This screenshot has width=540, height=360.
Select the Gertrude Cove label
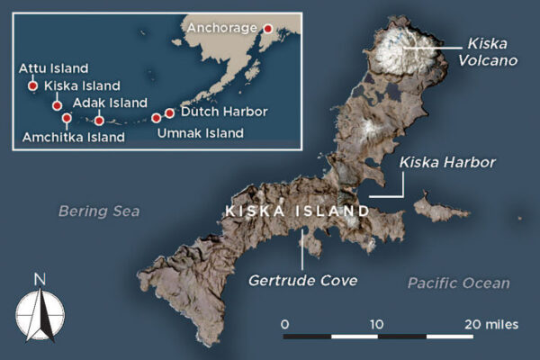(x=303, y=281)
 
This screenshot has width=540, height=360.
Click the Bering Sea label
(x=99, y=211)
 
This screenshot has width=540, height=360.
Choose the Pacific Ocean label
(x=458, y=283)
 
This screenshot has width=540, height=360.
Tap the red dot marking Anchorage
(x=267, y=29)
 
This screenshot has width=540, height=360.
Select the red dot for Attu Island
(x=33, y=86)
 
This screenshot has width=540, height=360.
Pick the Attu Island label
(x=53, y=68)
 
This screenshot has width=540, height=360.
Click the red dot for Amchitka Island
(x=67, y=118)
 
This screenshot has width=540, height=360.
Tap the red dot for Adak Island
(x=99, y=120)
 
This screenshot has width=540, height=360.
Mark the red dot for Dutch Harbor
(x=169, y=113)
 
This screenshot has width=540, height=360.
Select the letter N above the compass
(x=40, y=279)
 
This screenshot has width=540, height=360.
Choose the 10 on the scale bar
(x=376, y=323)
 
